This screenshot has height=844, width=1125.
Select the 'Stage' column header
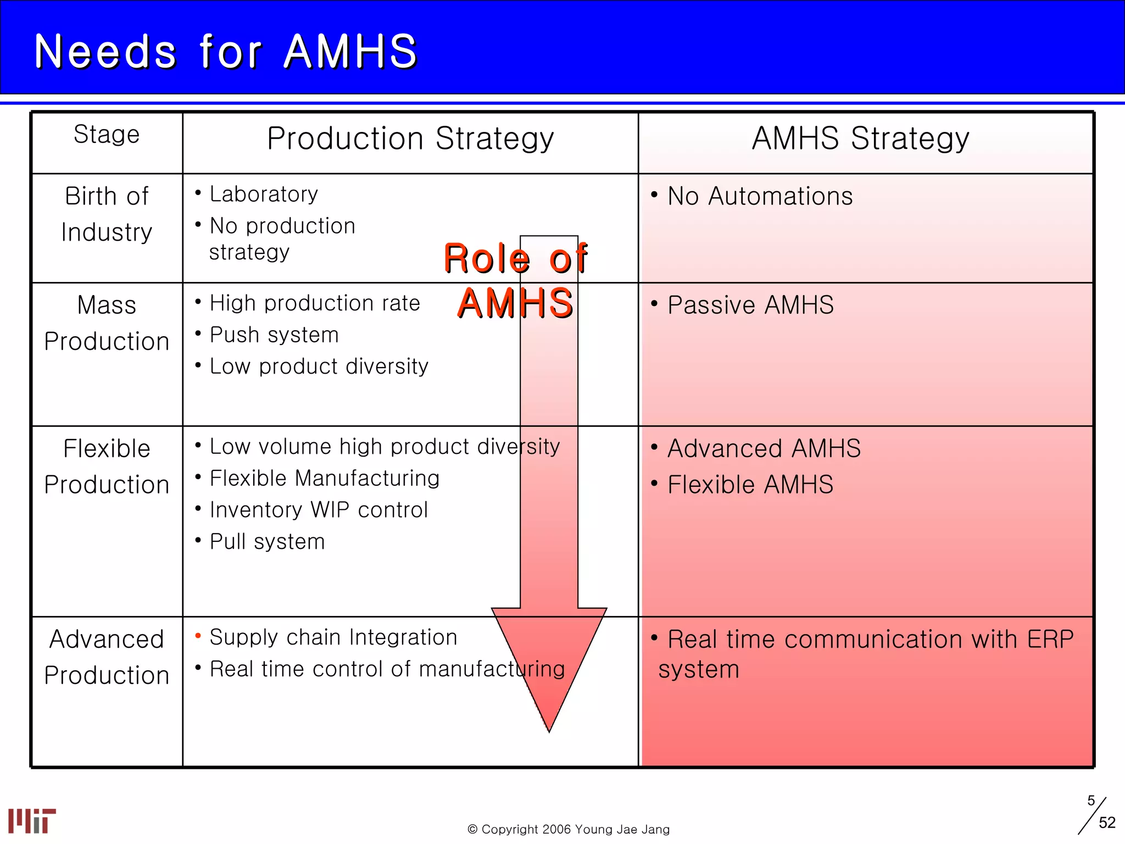click(107, 135)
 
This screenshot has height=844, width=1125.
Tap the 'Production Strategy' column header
click(410, 138)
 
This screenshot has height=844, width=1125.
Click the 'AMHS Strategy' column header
click(860, 138)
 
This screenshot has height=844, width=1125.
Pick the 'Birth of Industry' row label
click(107, 214)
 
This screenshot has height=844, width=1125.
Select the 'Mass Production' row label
click(107, 323)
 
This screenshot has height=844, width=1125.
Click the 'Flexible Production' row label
click(107, 467)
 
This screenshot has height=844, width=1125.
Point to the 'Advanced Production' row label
click(107, 657)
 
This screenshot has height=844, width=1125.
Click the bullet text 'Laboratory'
click(264, 195)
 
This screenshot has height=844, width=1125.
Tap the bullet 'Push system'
click(274, 335)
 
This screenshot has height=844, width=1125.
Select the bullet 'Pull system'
click(268, 542)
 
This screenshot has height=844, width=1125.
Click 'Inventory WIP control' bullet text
click(319, 510)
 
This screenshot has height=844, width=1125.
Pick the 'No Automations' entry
click(760, 197)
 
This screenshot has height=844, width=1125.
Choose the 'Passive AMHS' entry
click(750, 306)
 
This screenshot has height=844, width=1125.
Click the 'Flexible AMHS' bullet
click(750, 485)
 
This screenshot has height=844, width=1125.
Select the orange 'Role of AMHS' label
click(515, 280)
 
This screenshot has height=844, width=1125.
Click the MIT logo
click(32, 820)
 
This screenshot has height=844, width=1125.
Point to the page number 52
click(1107, 823)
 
